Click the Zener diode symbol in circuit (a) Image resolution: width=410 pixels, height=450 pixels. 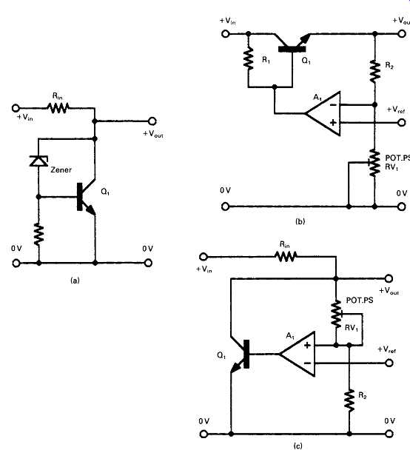pyautogui.click(x=38, y=161)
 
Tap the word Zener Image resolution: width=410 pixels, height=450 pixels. pyautogui.click(x=61, y=169)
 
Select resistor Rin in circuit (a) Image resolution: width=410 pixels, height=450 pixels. pyautogui.click(x=58, y=108)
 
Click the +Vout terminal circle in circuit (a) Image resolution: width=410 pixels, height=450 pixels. pyautogui.click(x=152, y=121)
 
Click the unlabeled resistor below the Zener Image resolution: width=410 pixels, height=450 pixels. pyautogui.click(x=38, y=235)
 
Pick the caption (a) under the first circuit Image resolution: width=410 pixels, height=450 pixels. pyautogui.click(x=75, y=280)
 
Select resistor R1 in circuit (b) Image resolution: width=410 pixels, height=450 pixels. pyautogui.click(x=249, y=58)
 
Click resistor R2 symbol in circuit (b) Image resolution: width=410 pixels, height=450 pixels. pyautogui.click(x=374, y=71)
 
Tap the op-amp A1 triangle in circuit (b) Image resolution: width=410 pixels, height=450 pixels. pyautogui.click(x=323, y=114)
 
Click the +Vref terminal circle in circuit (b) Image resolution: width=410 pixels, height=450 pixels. pyautogui.click(x=402, y=123)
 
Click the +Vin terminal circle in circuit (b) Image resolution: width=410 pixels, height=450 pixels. pyautogui.click(x=226, y=34)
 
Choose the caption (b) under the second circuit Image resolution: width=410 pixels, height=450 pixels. pyautogui.click(x=300, y=221)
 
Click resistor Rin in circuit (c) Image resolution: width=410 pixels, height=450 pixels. pyautogui.click(x=286, y=256)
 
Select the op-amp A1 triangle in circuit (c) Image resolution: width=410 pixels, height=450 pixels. pyautogui.click(x=298, y=354)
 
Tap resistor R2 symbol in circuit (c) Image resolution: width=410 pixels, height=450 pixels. pyautogui.click(x=349, y=400)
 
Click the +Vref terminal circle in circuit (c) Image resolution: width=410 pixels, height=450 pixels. pyautogui.click(x=389, y=363)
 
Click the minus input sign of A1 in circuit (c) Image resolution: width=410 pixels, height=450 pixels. pyautogui.click(x=307, y=363)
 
